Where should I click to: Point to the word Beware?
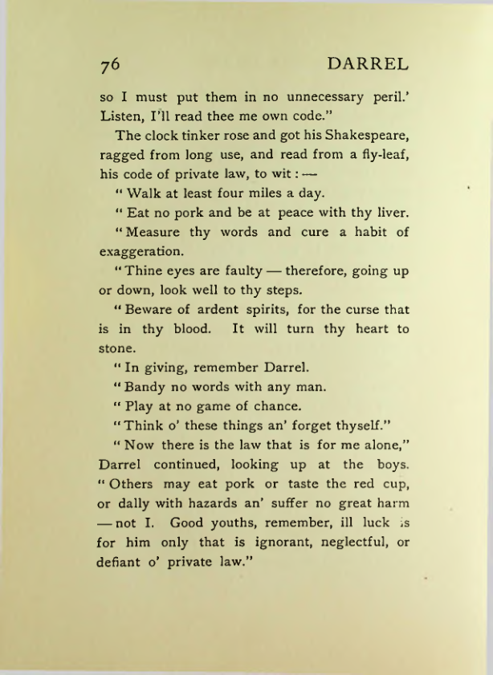point(151,310)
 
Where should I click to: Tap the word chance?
point(283,407)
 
